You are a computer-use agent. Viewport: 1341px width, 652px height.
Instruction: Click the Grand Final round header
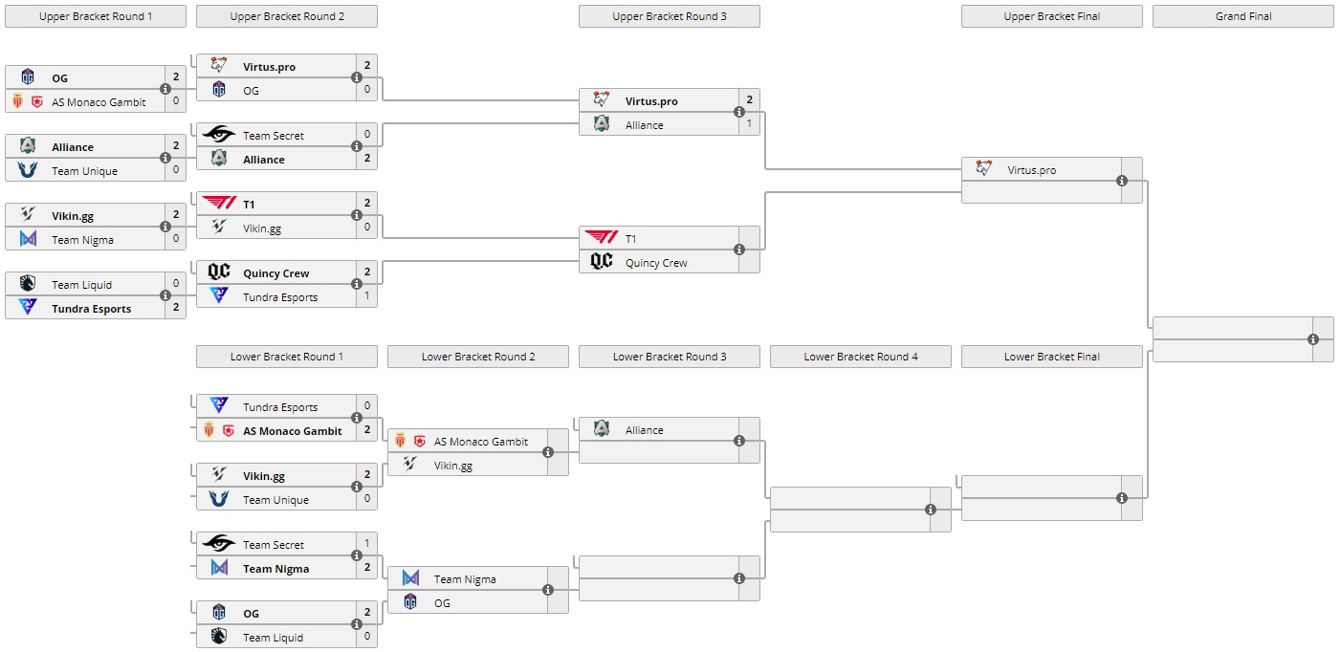(x=1242, y=16)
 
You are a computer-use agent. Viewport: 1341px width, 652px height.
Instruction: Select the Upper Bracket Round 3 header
(x=669, y=16)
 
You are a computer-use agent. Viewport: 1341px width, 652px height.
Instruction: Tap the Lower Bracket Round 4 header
(x=860, y=357)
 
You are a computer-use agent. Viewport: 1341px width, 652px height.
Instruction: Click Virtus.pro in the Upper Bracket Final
(x=1031, y=170)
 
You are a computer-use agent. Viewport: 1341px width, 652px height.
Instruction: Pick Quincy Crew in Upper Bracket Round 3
(x=655, y=263)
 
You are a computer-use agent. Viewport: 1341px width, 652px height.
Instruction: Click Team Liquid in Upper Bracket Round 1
(x=81, y=285)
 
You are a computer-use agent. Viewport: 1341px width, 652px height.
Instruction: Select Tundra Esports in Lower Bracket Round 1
(x=279, y=407)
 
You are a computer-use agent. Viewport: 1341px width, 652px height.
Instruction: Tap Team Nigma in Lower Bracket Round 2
(x=464, y=579)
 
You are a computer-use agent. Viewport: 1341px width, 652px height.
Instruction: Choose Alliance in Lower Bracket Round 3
(x=644, y=430)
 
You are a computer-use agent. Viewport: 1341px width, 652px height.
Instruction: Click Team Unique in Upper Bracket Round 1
(x=84, y=171)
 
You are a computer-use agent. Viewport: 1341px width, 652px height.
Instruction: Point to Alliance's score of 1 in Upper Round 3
(x=749, y=123)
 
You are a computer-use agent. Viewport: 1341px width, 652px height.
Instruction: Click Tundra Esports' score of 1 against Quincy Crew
(x=366, y=296)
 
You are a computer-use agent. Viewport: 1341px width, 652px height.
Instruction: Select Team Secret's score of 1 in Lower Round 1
(x=366, y=544)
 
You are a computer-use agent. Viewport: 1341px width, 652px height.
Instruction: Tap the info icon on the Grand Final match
(x=1313, y=339)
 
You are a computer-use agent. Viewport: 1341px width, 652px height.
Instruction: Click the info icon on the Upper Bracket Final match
(x=1122, y=181)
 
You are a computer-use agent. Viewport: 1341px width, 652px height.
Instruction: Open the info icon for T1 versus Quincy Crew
(x=739, y=250)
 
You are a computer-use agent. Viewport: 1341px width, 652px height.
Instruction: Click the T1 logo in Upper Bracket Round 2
(x=219, y=204)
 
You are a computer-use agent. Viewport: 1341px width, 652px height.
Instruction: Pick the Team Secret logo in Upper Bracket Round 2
(x=219, y=136)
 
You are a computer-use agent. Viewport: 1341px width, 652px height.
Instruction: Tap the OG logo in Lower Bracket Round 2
(x=410, y=602)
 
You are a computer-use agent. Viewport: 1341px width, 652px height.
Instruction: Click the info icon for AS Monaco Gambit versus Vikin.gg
(x=548, y=453)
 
